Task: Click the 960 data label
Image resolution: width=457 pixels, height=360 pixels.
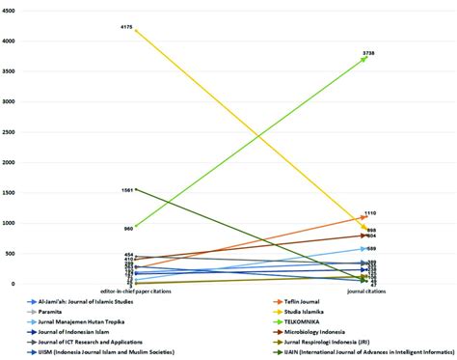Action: [127, 228]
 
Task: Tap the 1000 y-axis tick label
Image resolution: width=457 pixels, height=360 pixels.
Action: [10, 223]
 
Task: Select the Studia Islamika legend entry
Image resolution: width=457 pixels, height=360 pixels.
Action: [313, 312]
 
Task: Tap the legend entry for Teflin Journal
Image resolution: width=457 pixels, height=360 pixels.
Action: [310, 301]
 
